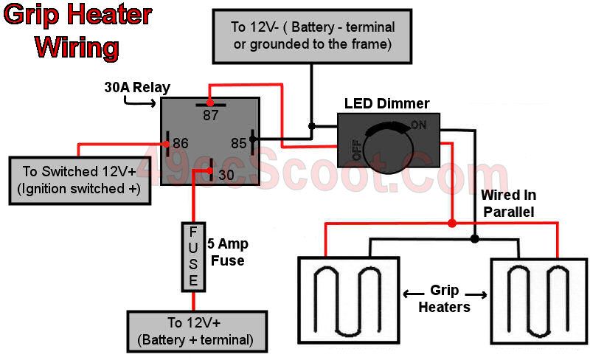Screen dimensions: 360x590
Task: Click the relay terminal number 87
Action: pos(211,116)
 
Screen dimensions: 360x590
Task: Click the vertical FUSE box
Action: pos(193,257)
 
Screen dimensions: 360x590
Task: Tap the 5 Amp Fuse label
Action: pos(227,252)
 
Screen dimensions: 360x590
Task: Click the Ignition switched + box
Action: pos(80,180)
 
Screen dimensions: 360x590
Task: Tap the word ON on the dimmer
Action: pos(418,125)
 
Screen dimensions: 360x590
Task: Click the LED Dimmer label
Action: pos(387,103)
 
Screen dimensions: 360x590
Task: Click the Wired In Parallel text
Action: pos(508,203)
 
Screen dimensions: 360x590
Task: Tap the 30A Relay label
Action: pos(137,88)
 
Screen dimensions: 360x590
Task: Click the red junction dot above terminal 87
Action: pos(211,101)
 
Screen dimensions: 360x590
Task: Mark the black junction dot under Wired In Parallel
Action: pos(475,239)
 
